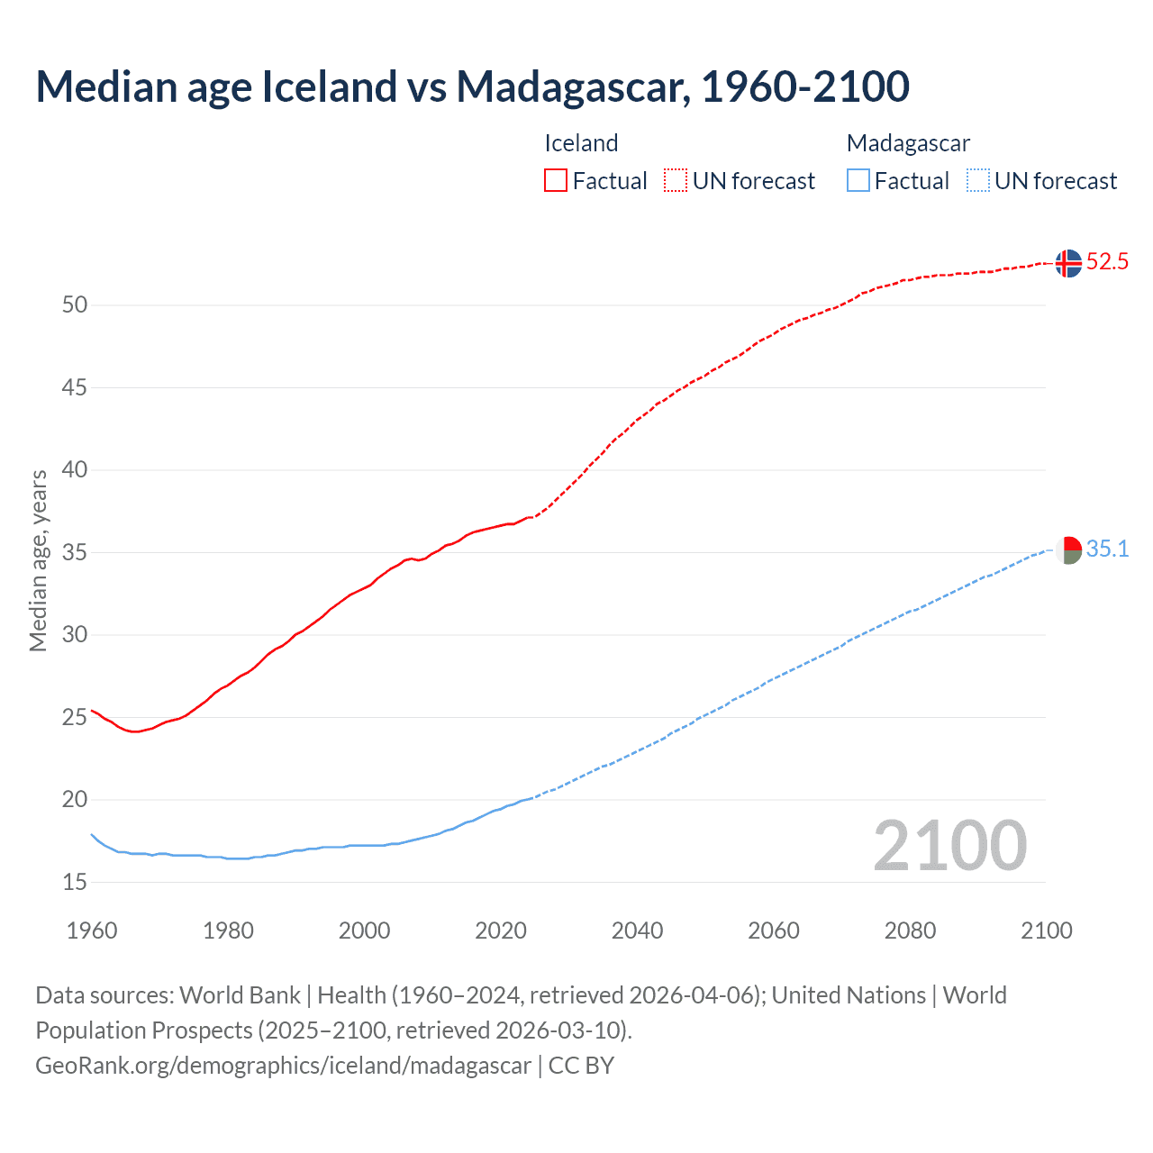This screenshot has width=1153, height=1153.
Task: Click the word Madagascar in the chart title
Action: tap(573, 86)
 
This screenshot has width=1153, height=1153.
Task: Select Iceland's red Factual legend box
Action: tap(556, 180)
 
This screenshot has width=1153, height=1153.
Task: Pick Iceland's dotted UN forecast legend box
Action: tap(676, 180)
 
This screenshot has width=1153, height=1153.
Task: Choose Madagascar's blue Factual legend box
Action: tap(858, 180)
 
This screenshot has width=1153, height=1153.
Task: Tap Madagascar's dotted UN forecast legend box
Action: tap(977, 180)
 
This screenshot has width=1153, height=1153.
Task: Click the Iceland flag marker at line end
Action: tap(1068, 263)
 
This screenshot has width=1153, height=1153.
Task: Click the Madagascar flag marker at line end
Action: tap(1068, 549)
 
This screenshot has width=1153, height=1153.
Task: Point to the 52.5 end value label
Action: tap(1107, 262)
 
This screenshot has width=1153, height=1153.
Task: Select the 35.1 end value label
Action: tap(1107, 549)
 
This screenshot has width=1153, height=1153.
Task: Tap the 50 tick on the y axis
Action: tap(75, 305)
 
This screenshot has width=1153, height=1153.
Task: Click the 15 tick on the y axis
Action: tap(75, 883)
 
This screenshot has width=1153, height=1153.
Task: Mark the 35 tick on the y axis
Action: tap(75, 552)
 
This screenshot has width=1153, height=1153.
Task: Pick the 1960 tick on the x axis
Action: tap(92, 931)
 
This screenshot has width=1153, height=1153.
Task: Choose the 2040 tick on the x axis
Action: tap(637, 931)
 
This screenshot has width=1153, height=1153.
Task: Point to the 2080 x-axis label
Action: tap(910, 931)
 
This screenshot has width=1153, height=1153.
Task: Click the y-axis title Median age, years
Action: tap(38, 560)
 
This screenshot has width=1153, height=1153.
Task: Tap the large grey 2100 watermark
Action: tap(949, 845)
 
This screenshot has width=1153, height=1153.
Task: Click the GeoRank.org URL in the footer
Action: tap(283, 1066)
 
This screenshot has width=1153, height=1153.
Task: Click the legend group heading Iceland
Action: tap(581, 143)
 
